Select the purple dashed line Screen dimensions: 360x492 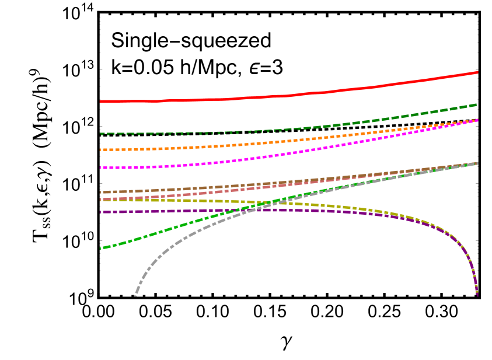pos(175,211)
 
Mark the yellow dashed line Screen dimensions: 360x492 pos(175,200)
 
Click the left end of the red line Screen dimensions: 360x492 pos(101,102)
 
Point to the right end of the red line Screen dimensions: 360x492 pos(477,72)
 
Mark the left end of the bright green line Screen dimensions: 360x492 pos(102,249)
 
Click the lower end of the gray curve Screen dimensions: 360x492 pos(135,295)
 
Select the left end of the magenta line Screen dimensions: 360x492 pos(101,168)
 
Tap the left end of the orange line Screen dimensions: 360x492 pos(101,150)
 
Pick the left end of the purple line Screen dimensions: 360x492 pos(101,212)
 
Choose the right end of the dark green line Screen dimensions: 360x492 pos(477,104)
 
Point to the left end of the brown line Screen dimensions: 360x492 pos(101,192)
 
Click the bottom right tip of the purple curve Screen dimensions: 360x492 pos(477,295)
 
